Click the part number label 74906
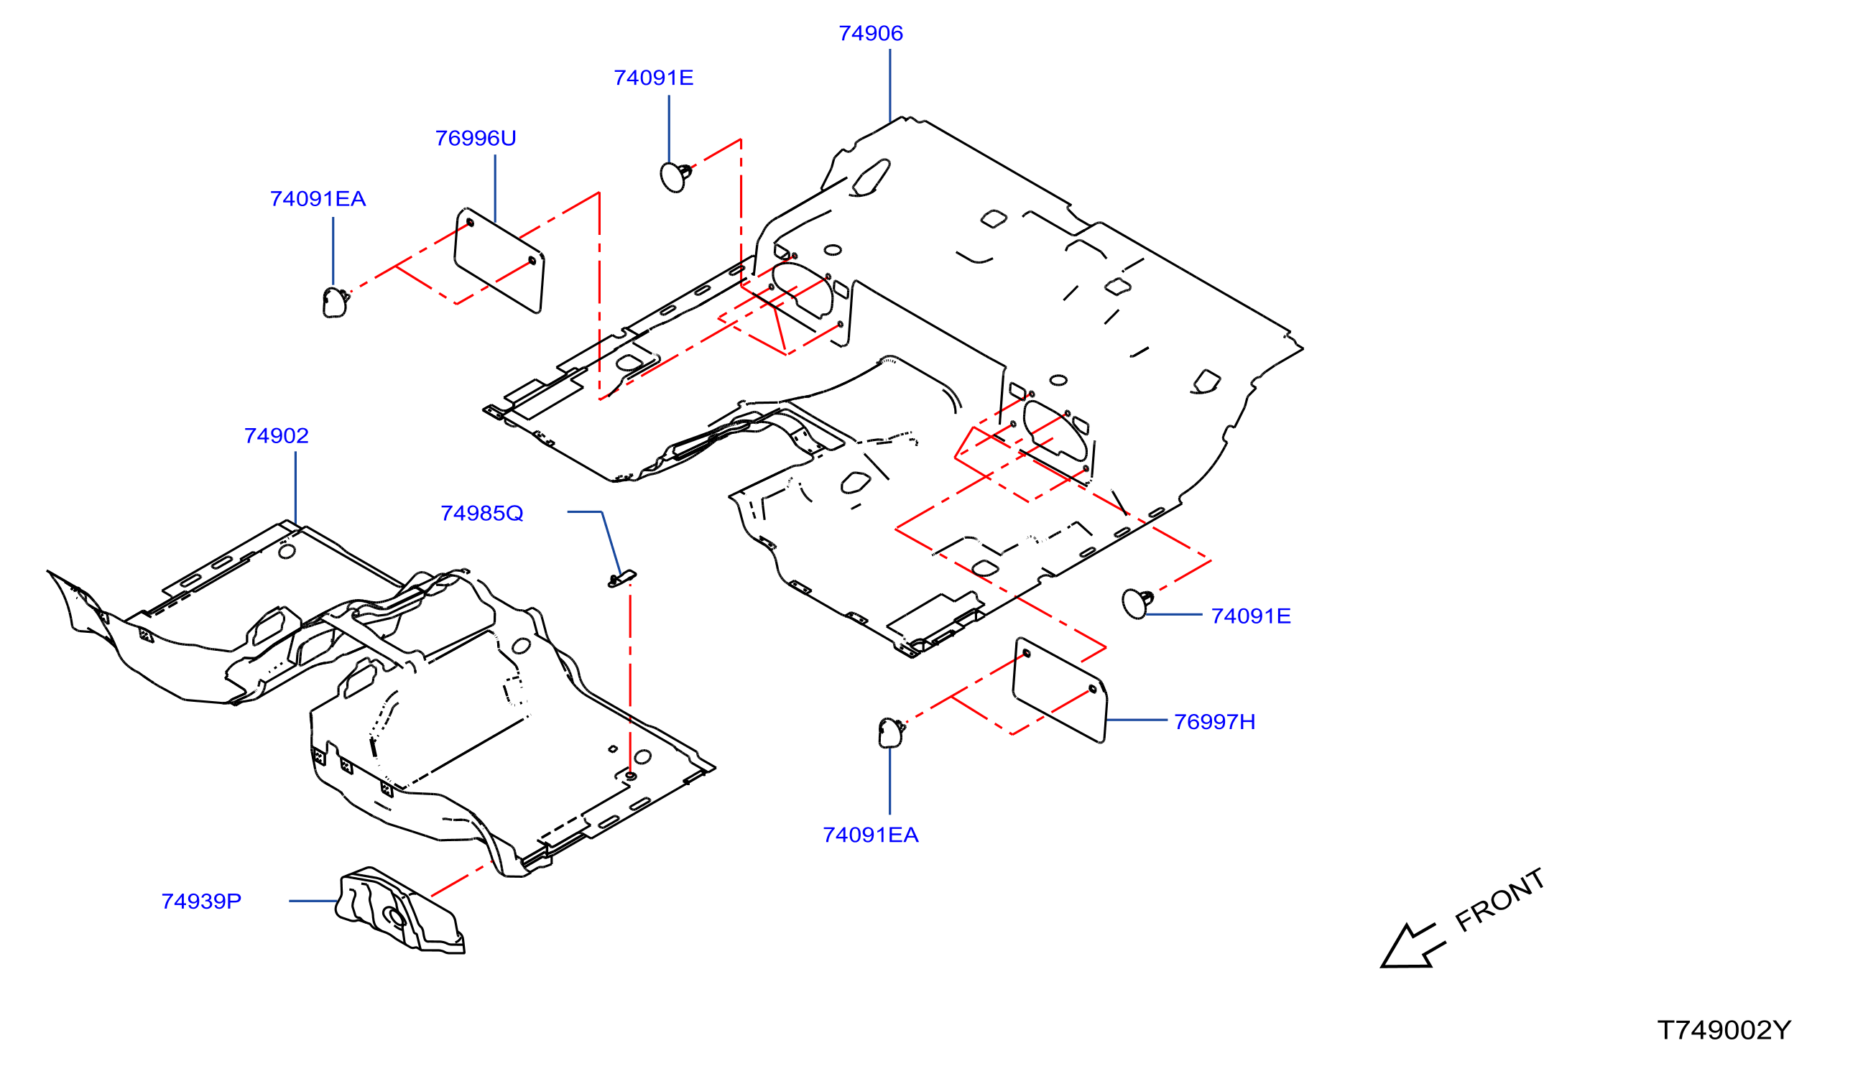(x=870, y=34)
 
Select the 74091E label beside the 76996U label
(x=653, y=78)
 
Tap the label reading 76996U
(x=476, y=139)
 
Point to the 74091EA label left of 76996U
(x=318, y=199)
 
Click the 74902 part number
(x=276, y=436)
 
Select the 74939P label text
(x=201, y=902)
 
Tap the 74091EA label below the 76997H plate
(x=870, y=835)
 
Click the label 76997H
(x=1214, y=723)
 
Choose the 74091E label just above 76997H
(x=1251, y=616)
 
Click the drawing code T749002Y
(x=1724, y=1031)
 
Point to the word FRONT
(x=1499, y=902)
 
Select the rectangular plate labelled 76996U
(x=499, y=261)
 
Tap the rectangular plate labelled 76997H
(x=1060, y=690)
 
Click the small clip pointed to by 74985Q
(x=621, y=578)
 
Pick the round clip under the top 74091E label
(x=675, y=177)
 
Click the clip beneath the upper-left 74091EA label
(x=336, y=302)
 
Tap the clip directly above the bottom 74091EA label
(x=891, y=733)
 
